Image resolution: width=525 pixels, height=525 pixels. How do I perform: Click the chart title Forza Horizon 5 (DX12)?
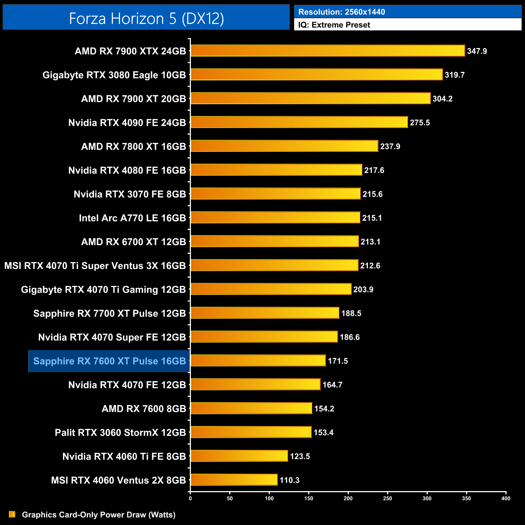pyautogui.click(x=146, y=19)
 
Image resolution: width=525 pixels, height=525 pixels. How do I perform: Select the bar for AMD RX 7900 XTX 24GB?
pyautogui.click(x=328, y=51)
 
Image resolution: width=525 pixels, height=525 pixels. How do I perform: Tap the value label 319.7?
pyautogui.click(x=455, y=75)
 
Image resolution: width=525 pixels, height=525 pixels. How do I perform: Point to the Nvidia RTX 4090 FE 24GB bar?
pyautogui.click(x=299, y=122)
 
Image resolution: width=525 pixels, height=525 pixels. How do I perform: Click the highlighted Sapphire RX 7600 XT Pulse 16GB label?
pyautogui.click(x=109, y=361)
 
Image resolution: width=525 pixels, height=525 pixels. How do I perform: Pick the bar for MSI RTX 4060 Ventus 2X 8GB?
pyautogui.click(x=234, y=480)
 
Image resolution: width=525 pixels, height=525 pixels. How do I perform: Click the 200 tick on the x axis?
pyautogui.click(x=348, y=498)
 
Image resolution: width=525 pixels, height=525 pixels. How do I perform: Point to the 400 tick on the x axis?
pyautogui.click(x=506, y=498)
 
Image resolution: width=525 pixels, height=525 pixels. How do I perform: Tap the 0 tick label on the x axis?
pyautogui.click(x=190, y=498)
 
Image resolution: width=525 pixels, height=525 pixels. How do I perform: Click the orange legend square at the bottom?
pyautogui.click(x=12, y=514)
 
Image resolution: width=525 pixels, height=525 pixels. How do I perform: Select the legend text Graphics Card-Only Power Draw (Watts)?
pyautogui.click(x=99, y=515)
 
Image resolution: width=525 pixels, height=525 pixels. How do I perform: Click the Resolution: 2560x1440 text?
pyautogui.click(x=342, y=12)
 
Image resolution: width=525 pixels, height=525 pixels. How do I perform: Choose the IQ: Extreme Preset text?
pyautogui.click(x=334, y=25)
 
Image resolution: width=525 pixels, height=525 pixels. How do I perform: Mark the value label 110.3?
pyautogui.click(x=290, y=480)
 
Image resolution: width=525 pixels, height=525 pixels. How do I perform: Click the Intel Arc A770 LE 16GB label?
pyautogui.click(x=132, y=218)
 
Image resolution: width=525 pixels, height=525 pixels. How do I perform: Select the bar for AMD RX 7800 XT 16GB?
pyautogui.click(x=284, y=146)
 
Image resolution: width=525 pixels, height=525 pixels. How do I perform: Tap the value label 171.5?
pyautogui.click(x=338, y=361)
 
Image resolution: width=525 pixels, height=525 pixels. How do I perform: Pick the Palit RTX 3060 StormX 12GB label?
pyautogui.click(x=120, y=433)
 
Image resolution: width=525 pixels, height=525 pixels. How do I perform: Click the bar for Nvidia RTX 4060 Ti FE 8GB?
pyautogui.click(x=239, y=456)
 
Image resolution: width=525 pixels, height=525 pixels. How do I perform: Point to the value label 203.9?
pyautogui.click(x=363, y=290)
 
